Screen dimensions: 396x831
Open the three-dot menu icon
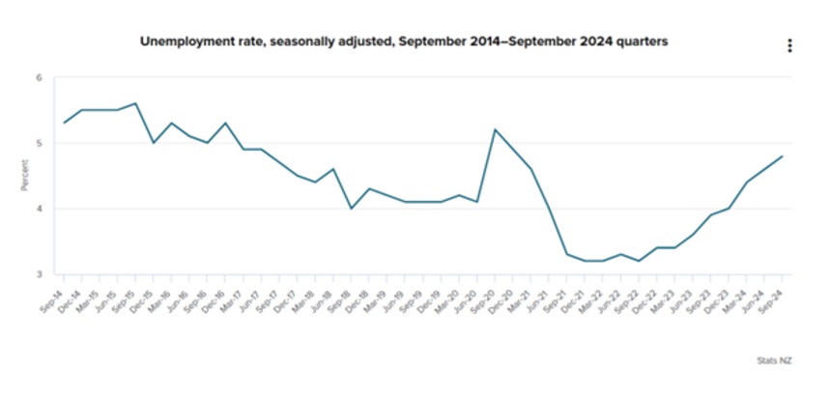point(789,45)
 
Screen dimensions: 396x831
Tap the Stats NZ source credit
point(773,359)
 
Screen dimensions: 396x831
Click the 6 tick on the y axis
point(40,77)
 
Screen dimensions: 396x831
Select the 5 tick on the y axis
point(40,143)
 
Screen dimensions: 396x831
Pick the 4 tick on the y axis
point(40,209)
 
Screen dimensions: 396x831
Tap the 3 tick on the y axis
point(40,274)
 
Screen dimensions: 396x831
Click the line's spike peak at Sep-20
point(495,129)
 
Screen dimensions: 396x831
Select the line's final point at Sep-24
point(782,156)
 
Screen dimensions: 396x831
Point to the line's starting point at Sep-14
point(64,123)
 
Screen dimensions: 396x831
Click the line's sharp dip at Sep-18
point(352,209)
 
